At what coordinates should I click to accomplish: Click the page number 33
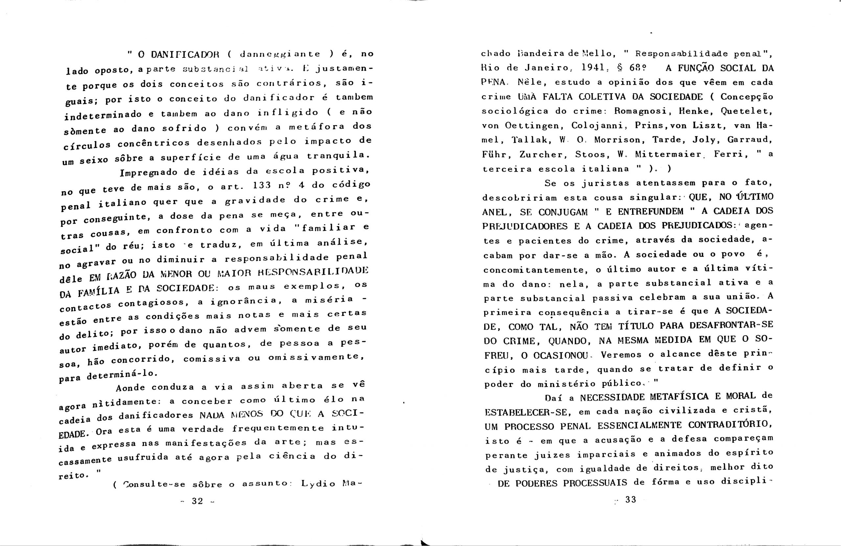630,499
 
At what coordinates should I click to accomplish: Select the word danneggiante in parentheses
280,54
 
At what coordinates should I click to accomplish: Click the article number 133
262,185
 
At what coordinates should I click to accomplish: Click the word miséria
329,299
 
